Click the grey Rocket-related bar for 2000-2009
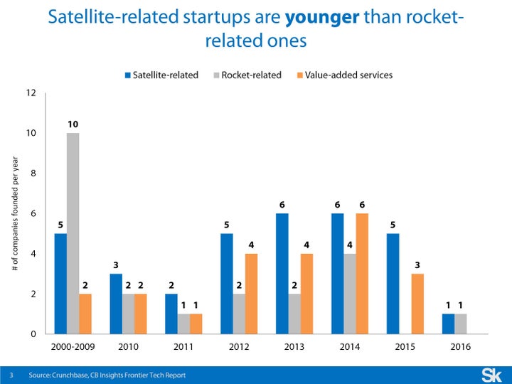click(73, 233)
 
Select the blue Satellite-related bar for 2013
click(283, 274)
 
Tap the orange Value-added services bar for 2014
click(363, 274)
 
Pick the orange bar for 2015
click(418, 304)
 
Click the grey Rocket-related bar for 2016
click(460, 324)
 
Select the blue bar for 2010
click(116, 304)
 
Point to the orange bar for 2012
click(251, 294)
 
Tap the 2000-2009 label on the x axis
click(73, 347)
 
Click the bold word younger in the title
click(321, 16)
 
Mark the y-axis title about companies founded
click(16, 213)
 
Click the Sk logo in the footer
click(491, 374)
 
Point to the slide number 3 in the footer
click(11, 375)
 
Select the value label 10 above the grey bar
click(73, 124)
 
